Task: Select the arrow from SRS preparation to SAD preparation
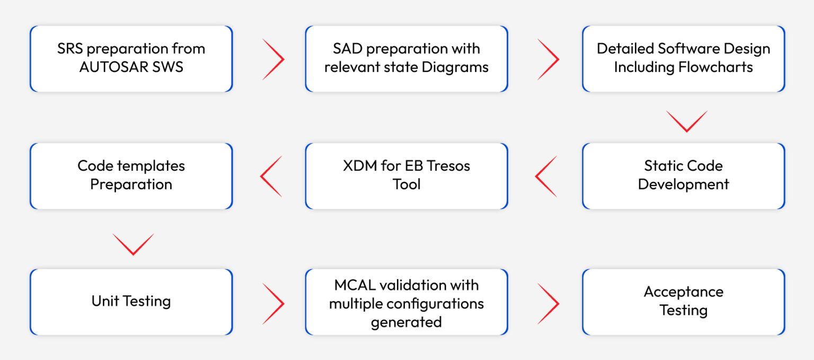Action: tap(273, 59)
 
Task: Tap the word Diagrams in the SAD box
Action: tap(459, 68)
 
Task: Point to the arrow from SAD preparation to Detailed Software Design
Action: tap(548, 59)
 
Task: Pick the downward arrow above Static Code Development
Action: tap(686, 121)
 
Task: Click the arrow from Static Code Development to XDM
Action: tap(546, 177)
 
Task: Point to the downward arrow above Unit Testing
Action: tap(133, 244)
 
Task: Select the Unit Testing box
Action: tap(131, 302)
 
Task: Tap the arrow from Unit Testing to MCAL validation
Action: tap(273, 303)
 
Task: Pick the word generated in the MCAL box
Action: tap(406, 322)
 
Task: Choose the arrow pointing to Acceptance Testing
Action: tap(548, 303)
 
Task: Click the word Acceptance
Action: tap(683, 292)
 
